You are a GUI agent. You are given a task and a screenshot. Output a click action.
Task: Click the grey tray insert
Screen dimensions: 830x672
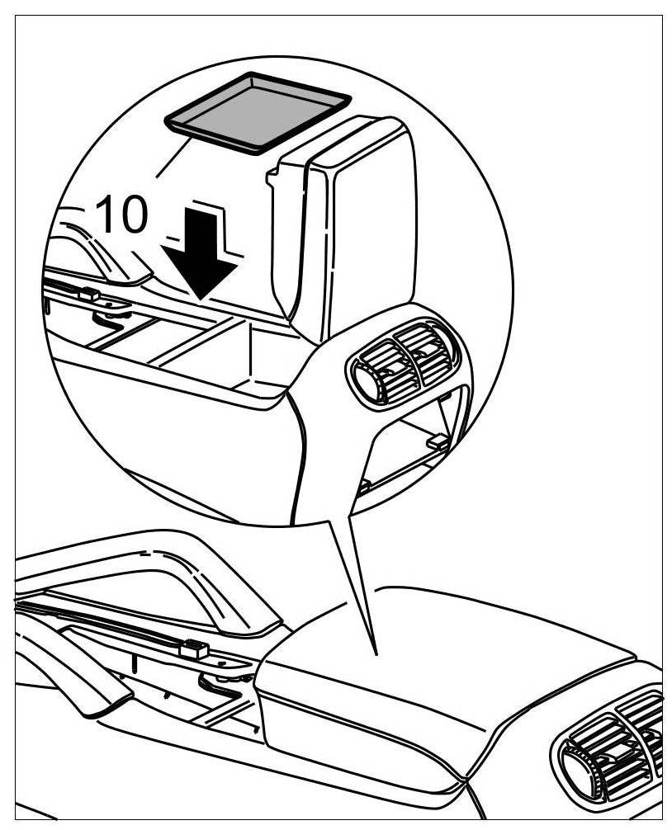click(x=258, y=111)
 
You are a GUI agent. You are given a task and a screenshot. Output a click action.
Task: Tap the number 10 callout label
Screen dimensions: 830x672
click(x=122, y=215)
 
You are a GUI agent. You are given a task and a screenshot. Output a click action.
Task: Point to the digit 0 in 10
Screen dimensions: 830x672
click(x=134, y=215)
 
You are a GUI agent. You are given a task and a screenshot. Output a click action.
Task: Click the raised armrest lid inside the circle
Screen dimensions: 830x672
click(x=359, y=231)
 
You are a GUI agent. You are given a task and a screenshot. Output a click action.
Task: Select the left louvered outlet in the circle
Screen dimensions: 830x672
click(x=378, y=370)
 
